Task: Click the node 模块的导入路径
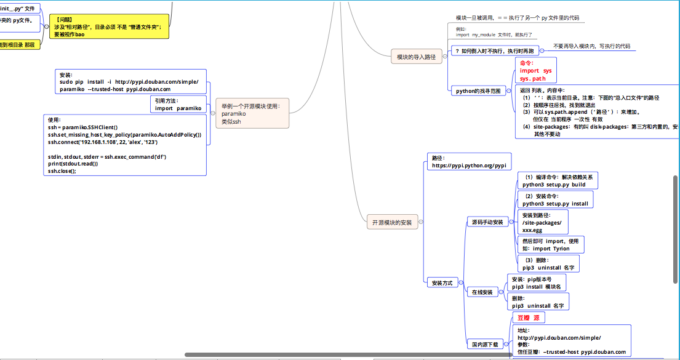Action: [416, 57]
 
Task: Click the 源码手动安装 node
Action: [487, 222]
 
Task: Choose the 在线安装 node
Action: [482, 292]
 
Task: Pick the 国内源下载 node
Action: [486, 344]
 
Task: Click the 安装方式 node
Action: [442, 282]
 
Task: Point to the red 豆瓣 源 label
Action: [529, 318]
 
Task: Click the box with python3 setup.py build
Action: [558, 180]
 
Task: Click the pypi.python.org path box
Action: [469, 162]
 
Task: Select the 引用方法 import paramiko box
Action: [178, 104]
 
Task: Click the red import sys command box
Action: [535, 71]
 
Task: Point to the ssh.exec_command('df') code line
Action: [107, 157]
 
